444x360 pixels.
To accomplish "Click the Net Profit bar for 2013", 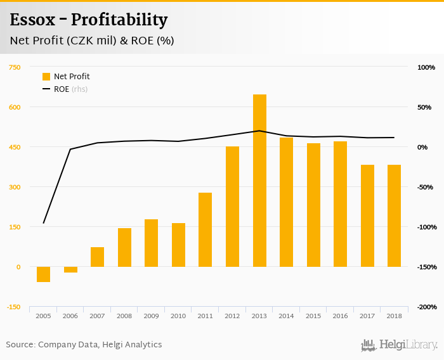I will click(x=259, y=181).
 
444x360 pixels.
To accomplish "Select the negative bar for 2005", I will click(x=43, y=274).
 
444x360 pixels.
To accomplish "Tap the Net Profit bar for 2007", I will click(x=97, y=257).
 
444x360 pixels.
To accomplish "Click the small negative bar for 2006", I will click(x=70, y=269).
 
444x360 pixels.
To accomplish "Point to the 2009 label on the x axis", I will click(x=151, y=316).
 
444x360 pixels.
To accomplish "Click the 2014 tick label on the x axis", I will click(x=286, y=316).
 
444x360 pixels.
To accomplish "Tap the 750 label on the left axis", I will click(x=15, y=67).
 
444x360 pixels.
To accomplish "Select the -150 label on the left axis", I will click(x=13, y=307).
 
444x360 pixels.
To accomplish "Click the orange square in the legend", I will click(x=46, y=77).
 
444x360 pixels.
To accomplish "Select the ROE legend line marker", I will click(x=46, y=89).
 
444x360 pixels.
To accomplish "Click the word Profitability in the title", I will click(x=119, y=20).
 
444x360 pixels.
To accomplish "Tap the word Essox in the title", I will click(x=31, y=20).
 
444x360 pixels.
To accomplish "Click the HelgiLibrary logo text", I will click(x=408, y=345).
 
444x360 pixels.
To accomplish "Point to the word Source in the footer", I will click(x=20, y=345).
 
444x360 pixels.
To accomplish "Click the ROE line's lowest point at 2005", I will click(x=43, y=223).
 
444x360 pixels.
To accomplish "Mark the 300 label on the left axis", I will click(x=15, y=187).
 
